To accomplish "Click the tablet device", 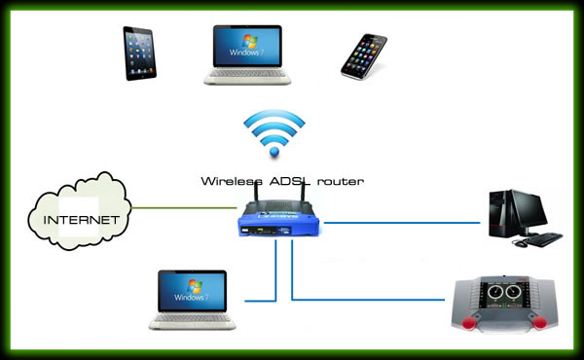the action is [139, 54].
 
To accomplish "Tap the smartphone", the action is [363, 56].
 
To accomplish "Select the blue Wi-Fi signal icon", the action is [274, 132].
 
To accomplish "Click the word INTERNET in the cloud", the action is [81, 220].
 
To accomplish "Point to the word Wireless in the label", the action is [232, 181].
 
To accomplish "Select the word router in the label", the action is [340, 182].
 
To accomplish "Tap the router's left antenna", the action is [256, 193].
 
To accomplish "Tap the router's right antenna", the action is [303, 193].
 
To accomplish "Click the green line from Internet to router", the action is [184, 208].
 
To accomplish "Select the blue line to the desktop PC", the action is [402, 223].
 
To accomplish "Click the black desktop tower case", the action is [500, 214].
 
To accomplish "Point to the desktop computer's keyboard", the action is [543, 239].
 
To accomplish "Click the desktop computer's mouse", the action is [520, 244].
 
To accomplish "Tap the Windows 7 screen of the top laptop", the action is [247, 46].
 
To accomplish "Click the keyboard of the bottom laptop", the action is [192, 318].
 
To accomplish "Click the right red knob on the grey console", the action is [539, 322].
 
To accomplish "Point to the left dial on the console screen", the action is [495, 292].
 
